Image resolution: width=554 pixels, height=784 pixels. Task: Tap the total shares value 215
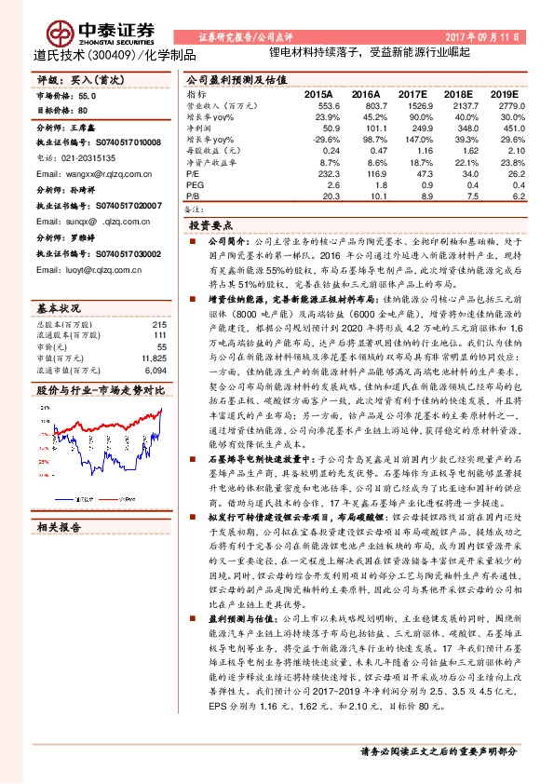(158, 297)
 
